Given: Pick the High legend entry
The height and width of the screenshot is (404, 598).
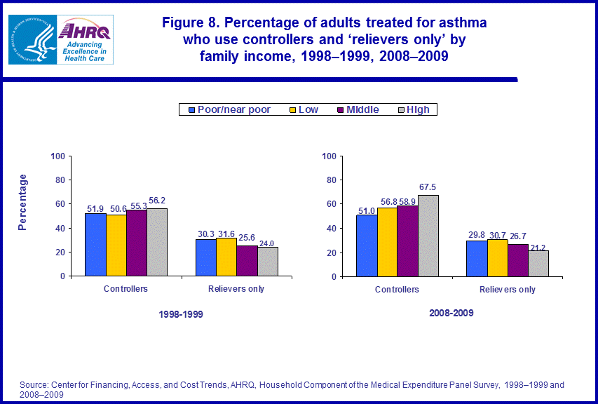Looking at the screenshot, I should click(x=416, y=109).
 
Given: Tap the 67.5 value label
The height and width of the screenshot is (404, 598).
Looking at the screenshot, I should click(x=428, y=188).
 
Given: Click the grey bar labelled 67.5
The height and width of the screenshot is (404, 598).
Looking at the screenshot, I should click(x=428, y=235).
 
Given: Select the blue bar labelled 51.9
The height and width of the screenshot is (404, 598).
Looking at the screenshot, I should click(x=96, y=245).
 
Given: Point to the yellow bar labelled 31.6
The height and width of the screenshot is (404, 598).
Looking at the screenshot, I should click(x=226, y=257).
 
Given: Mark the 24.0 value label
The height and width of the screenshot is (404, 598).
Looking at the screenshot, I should click(x=268, y=243).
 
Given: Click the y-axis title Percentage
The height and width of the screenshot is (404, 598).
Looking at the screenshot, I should click(x=23, y=203).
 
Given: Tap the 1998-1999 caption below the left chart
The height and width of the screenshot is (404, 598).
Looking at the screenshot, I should click(x=180, y=315).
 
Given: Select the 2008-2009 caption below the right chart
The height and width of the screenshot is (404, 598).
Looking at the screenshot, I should click(x=451, y=313).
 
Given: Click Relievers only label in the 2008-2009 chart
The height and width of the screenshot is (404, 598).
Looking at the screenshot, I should click(x=508, y=289).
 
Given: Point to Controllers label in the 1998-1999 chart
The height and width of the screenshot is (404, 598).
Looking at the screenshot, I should click(x=125, y=289).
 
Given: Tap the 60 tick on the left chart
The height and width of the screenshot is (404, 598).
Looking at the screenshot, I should click(x=61, y=204).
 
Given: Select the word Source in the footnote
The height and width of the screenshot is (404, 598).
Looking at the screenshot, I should click(x=33, y=385).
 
